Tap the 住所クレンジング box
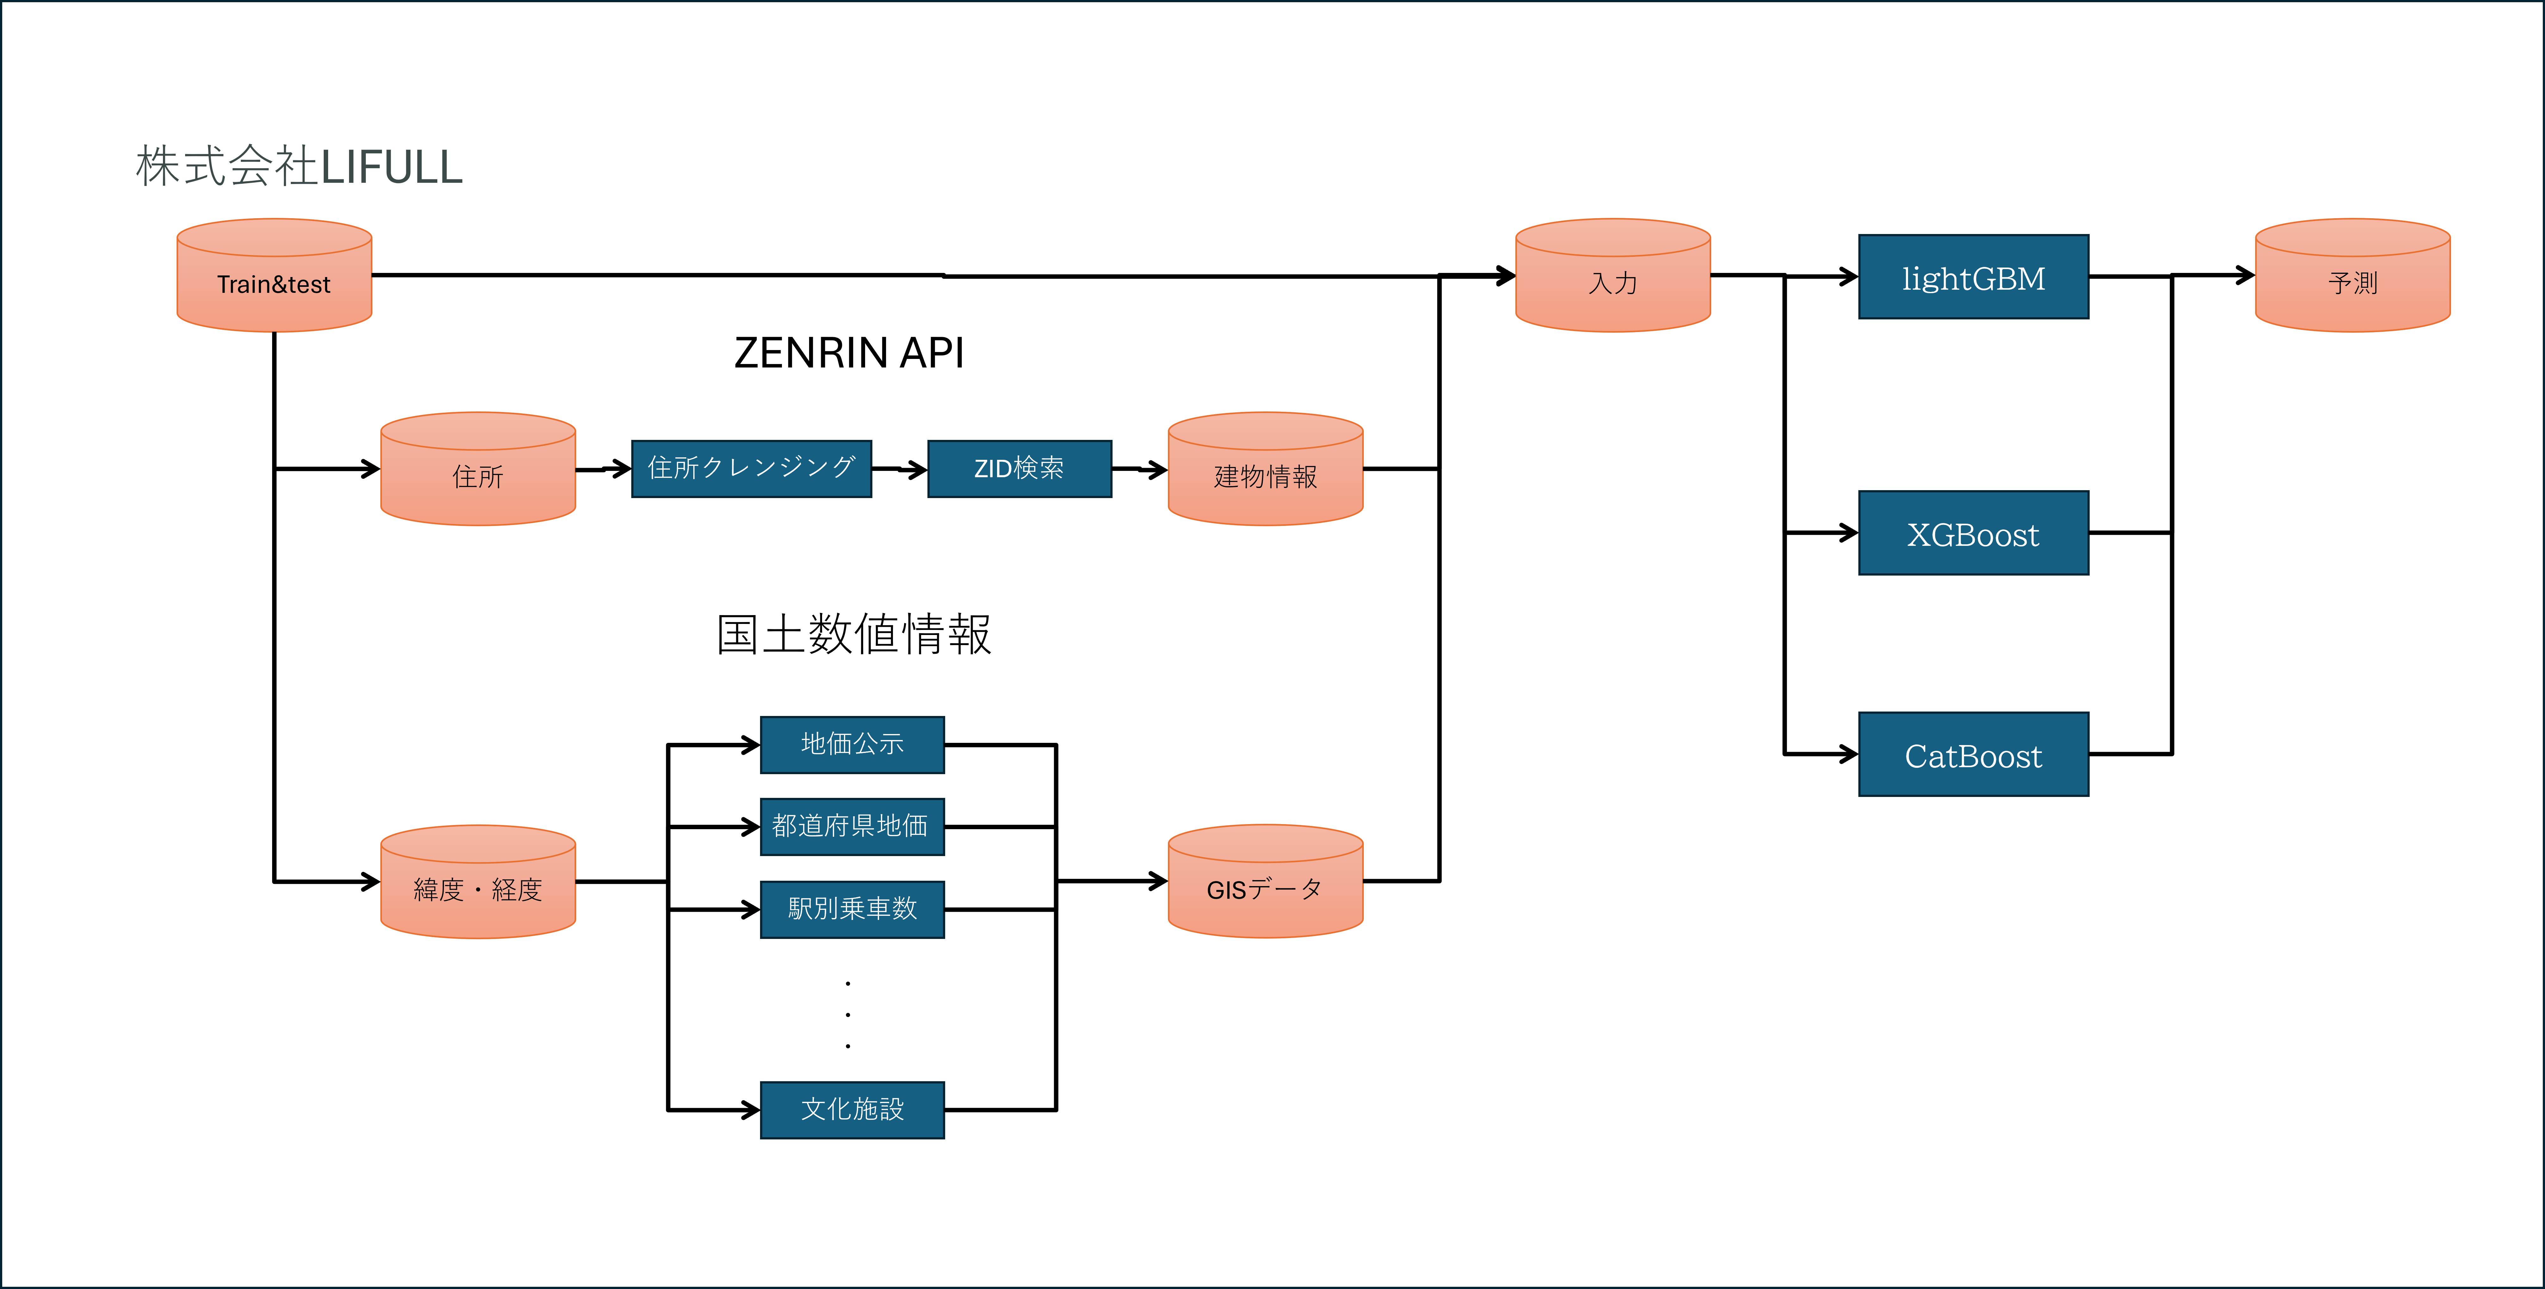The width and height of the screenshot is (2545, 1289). click(751, 468)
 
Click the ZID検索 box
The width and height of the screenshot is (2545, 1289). click(1019, 468)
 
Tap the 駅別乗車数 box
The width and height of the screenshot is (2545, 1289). click(851, 909)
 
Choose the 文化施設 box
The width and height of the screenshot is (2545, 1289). click(851, 1109)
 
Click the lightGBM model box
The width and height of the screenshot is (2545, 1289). click(1973, 278)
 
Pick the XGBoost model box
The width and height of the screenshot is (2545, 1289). click(1973, 533)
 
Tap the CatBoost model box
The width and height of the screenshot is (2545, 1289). click(1973, 755)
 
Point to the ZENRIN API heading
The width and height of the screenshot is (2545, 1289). click(849, 353)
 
